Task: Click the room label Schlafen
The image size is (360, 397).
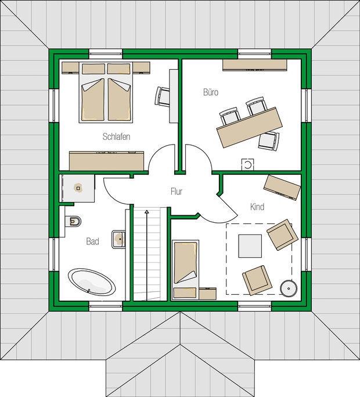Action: pyautogui.click(x=116, y=137)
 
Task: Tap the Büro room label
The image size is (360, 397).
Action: pyautogui.click(x=211, y=92)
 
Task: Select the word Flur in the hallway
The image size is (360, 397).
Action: pyautogui.click(x=177, y=192)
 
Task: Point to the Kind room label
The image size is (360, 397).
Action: pyautogui.click(x=257, y=207)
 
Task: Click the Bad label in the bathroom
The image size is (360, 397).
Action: pyautogui.click(x=92, y=241)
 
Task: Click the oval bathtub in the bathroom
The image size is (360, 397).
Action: pyautogui.click(x=92, y=282)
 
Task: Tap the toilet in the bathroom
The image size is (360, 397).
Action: pyautogui.click(x=74, y=222)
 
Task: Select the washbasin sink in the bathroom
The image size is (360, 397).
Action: pyautogui.click(x=118, y=239)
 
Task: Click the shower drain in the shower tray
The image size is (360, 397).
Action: pyautogui.click(x=78, y=188)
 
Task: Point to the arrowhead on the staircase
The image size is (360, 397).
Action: pyautogui.click(x=146, y=212)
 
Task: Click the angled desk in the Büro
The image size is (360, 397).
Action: pyautogui.click(x=250, y=127)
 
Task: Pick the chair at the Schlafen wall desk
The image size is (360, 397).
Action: pyautogui.click(x=161, y=96)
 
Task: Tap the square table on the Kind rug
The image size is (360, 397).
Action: pyautogui.click(x=250, y=246)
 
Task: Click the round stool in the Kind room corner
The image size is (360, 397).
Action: pyautogui.click(x=289, y=288)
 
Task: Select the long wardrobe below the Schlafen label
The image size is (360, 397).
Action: pyautogui.click(x=107, y=161)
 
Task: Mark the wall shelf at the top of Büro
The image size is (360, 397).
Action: pyautogui.click(x=254, y=65)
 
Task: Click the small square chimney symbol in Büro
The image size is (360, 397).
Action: pyautogui.click(x=247, y=165)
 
